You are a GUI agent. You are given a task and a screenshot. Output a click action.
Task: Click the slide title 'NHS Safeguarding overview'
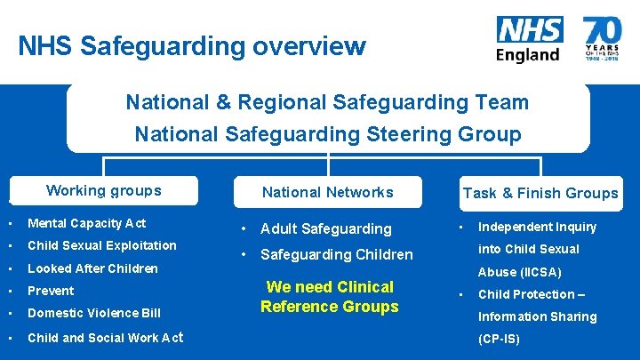click(191, 45)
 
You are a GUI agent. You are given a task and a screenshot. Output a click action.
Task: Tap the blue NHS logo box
click(529, 29)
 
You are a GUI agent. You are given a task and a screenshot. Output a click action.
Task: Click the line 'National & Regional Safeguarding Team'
click(327, 102)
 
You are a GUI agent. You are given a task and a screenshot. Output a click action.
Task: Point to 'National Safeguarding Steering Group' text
click(327, 135)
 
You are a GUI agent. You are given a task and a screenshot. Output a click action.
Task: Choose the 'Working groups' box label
click(104, 190)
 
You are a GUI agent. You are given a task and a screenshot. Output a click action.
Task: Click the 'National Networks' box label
click(327, 192)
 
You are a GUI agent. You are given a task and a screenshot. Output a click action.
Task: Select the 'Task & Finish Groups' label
click(540, 193)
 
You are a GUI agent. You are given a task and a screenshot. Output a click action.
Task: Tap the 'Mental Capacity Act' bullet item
click(86, 223)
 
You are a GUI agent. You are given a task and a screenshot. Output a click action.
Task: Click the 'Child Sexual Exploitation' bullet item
click(101, 245)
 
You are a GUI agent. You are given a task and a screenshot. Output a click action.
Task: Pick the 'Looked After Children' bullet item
click(92, 268)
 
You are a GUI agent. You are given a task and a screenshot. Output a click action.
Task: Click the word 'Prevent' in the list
click(51, 291)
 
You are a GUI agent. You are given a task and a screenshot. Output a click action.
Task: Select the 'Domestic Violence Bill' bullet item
click(94, 313)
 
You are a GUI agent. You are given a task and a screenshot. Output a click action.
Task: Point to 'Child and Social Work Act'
click(105, 337)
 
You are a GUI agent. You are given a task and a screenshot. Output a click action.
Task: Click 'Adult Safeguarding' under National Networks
click(325, 229)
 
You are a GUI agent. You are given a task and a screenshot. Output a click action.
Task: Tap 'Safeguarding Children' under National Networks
click(336, 255)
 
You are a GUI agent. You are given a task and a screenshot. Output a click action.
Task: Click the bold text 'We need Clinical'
click(330, 287)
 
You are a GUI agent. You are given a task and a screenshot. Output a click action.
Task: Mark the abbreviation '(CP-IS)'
click(499, 340)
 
